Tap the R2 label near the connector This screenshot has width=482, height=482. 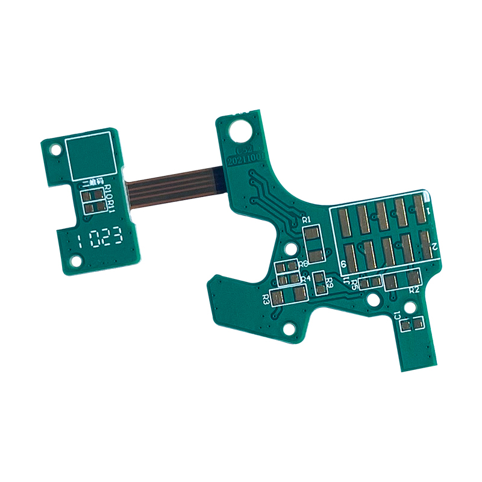(x=414, y=290)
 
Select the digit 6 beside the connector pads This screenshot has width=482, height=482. (x=343, y=264)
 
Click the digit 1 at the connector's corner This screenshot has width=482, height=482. (x=428, y=210)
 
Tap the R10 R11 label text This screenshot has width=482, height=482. (x=110, y=199)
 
